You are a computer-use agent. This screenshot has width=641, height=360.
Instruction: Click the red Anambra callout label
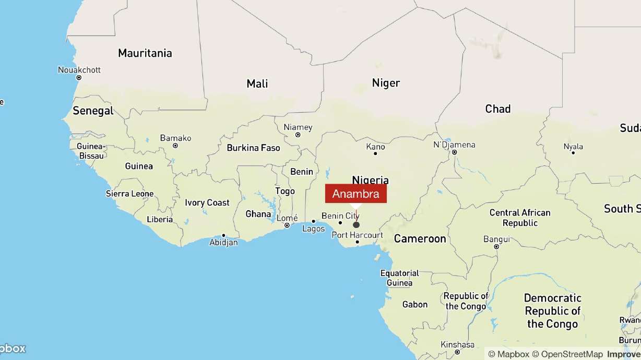(x=356, y=194)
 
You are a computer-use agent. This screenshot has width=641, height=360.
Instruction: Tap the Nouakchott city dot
(x=79, y=78)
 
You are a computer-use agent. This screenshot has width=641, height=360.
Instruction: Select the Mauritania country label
(x=145, y=53)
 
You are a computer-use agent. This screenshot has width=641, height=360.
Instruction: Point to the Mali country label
(x=257, y=83)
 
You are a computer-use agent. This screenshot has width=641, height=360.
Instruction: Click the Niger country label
(x=386, y=82)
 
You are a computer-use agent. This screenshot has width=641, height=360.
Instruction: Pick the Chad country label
(x=497, y=109)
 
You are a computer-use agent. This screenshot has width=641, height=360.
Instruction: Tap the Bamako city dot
(x=175, y=146)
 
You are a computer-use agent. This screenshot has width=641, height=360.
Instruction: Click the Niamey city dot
(x=298, y=135)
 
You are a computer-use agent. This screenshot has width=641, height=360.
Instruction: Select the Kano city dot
(x=375, y=153)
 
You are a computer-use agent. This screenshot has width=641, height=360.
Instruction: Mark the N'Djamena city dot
(x=455, y=152)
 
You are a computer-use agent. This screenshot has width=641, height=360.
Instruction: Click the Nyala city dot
(x=573, y=153)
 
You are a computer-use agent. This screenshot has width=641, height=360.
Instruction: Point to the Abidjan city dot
(x=223, y=235)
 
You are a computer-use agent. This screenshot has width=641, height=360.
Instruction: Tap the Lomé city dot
(x=287, y=225)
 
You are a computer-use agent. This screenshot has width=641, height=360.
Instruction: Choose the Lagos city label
(x=313, y=229)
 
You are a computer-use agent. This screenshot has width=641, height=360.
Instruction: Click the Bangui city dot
(x=496, y=246)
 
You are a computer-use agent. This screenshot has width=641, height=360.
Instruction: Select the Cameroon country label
(x=420, y=238)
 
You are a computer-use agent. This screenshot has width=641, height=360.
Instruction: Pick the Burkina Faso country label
(x=253, y=148)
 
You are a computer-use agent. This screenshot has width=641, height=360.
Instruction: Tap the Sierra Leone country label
(x=129, y=194)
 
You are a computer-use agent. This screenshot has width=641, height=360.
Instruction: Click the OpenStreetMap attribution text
(x=572, y=354)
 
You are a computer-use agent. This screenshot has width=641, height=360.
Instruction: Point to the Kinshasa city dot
(x=457, y=352)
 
